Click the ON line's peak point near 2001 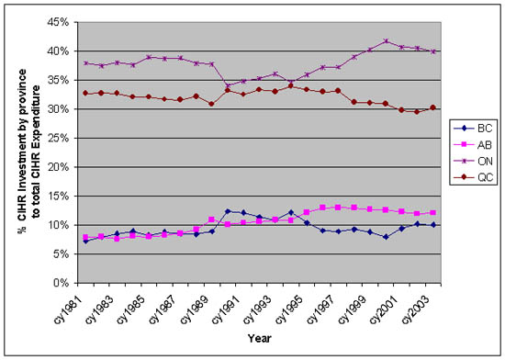click(x=387, y=41)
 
